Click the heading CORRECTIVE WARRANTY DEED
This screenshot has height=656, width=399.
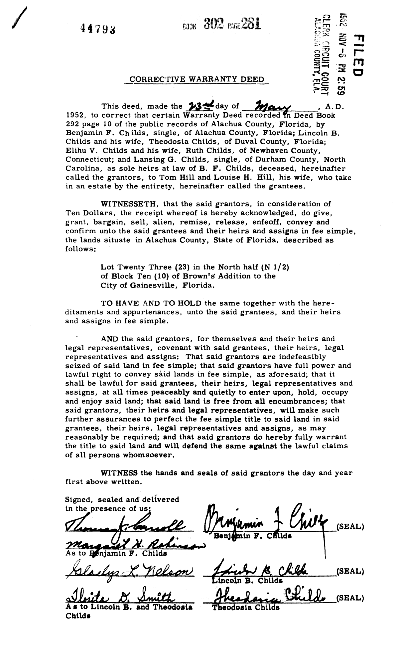[197, 79]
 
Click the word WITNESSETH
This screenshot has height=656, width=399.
[126, 204]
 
